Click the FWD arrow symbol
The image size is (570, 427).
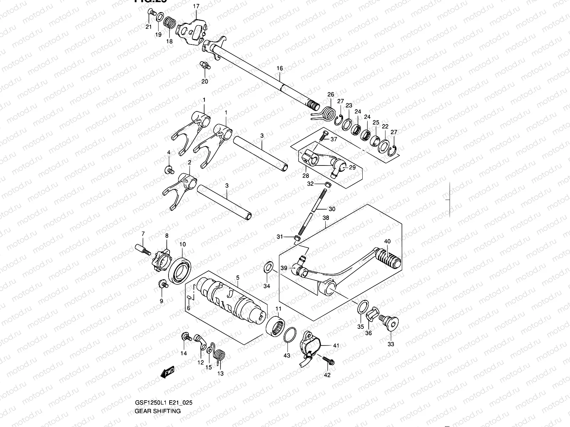point(167,372)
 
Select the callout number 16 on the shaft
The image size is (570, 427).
point(280,68)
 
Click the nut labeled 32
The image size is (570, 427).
point(328,184)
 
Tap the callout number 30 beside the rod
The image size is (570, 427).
point(332,209)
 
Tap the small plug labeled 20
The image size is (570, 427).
point(204,65)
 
